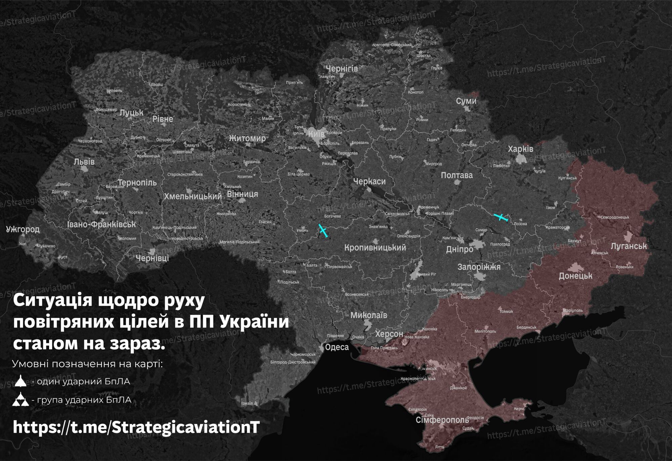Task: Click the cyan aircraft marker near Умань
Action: [x=323, y=231]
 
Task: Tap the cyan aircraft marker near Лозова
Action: [x=501, y=217]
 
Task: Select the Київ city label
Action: [x=317, y=134]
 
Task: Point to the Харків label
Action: [x=520, y=149]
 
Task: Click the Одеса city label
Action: [x=337, y=347]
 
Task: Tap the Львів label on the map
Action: [x=84, y=162]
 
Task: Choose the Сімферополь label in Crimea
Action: [x=442, y=420]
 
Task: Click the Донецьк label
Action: [x=576, y=276]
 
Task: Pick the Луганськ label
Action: [x=629, y=246]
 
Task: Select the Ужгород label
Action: [x=23, y=229]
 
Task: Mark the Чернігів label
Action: [x=342, y=69]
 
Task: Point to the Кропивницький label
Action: [x=375, y=247]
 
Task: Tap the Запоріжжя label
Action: [x=479, y=267]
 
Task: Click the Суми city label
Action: [x=466, y=101]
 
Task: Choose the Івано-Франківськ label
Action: [x=101, y=224]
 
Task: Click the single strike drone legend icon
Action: [x=20, y=381]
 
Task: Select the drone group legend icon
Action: [x=20, y=400]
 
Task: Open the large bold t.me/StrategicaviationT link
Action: [x=136, y=427]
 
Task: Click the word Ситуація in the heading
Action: [x=52, y=300]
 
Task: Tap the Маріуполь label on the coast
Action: [x=573, y=310]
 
